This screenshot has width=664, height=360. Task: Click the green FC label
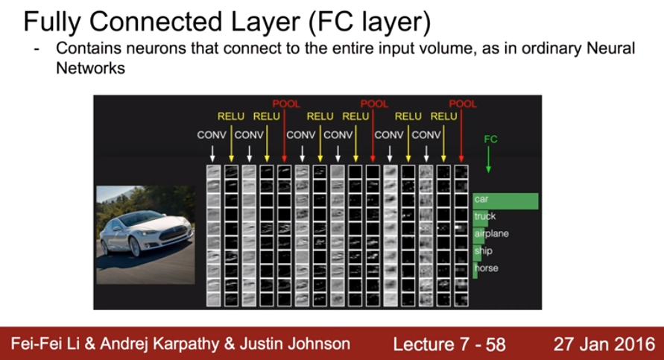point(490,139)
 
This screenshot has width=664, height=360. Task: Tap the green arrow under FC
point(489,160)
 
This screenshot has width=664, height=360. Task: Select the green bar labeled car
point(505,200)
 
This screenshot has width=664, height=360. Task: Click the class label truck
point(484,217)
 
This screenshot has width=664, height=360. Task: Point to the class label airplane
point(490,234)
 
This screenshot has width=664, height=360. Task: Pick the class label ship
point(483,251)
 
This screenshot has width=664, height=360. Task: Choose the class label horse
point(486,268)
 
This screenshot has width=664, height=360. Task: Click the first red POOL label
point(285,104)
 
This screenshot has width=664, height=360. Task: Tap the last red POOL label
point(463,104)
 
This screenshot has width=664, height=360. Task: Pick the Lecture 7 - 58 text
point(449,344)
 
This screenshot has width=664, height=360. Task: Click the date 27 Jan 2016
point(603,344)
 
